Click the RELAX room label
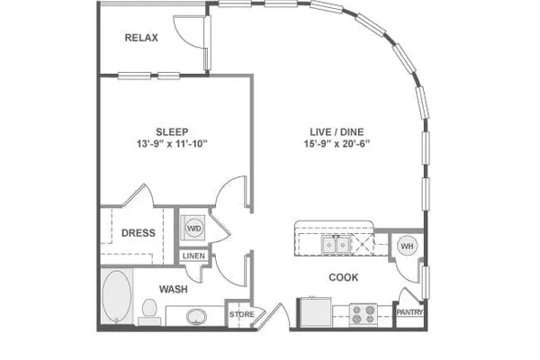point(141,38)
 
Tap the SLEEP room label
point(172,132)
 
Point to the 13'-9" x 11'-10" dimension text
point(172,144)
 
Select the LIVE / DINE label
point(337,132)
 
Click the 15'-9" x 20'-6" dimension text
point(337,144)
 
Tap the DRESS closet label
point(138,233)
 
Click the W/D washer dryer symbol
point(193,228)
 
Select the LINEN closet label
point(193,256)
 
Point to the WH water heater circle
point(407,246)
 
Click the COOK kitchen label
point(344,277)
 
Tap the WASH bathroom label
point(173,289)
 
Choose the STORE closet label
point(242,314)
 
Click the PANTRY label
point(409,312)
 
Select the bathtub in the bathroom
point(117,296)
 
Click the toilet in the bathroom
point(149,311)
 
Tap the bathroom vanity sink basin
point(196,317)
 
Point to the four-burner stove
point(364,314)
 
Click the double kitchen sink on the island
point(336,245)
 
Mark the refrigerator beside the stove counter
point(316,312)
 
